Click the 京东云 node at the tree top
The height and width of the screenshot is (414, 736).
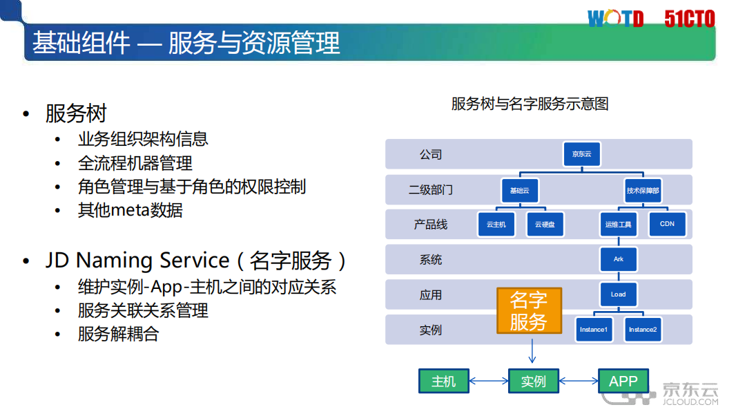click(582, 154)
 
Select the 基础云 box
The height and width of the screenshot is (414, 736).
click(519, 190)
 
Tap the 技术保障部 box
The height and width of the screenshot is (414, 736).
click(643, 190)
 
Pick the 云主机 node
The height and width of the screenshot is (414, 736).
click(496, 225)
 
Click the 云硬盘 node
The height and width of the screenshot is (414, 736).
click(545, 225)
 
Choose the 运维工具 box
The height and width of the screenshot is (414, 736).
click(618, 225)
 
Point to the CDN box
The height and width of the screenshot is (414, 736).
click(667, 224)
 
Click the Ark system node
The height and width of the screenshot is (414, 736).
click(618, 259)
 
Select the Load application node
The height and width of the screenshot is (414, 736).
click(618, 294)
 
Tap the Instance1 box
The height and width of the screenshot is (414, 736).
click(593, 330)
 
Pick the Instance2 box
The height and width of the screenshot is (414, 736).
click(643, 330)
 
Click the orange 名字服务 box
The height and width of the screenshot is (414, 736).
click(529, 310)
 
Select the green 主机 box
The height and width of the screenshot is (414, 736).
click(443, 381)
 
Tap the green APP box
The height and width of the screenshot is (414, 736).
click(623, 381)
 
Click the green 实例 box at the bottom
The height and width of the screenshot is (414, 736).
click(533, 381)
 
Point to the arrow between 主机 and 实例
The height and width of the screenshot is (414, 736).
click(488, 381)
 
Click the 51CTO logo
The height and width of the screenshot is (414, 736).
click(689, 19)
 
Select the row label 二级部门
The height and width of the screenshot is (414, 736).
click(431, 189)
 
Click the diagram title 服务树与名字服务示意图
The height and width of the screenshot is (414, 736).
click(530, 104)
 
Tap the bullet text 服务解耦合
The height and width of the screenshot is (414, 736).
click(118, 334)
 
